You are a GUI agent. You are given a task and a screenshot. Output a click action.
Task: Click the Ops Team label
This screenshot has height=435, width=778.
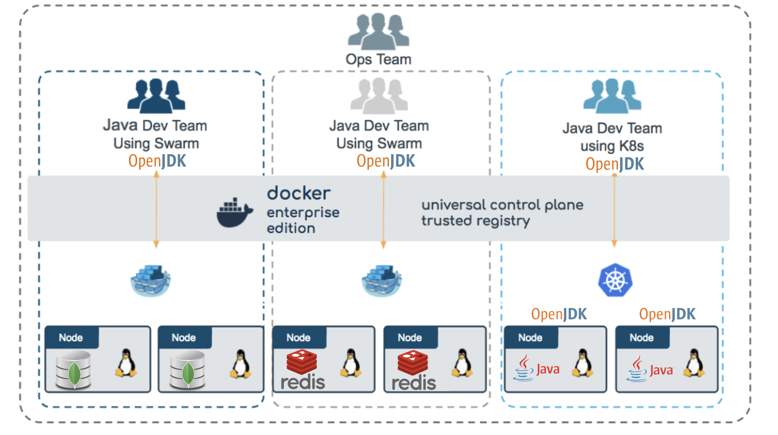[x=378, y=59]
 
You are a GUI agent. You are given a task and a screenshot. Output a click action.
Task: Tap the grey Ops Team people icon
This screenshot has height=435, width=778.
[x=378, y=32]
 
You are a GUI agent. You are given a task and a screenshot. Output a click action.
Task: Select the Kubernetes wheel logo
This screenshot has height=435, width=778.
[x=615, y=280]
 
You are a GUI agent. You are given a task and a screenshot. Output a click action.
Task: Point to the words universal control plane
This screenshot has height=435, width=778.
[x=502, y=205]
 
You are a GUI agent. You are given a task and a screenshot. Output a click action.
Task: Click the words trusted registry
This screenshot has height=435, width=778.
[x=475, y=221]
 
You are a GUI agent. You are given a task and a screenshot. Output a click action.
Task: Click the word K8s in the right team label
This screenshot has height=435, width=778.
[x=631, y=146]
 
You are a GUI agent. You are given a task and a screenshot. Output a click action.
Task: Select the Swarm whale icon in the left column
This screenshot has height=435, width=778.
[x=151, y=280]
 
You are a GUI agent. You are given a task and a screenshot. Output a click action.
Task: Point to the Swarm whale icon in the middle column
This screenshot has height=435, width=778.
[x=382, y=280]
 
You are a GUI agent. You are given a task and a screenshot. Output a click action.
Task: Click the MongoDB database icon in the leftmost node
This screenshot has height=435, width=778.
[x=73, y=369]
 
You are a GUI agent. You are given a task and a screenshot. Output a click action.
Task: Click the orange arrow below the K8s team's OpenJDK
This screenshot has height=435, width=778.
[x=614, y=210]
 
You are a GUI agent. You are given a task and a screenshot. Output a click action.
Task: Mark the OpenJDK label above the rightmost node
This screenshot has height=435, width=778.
[x=667, y=314]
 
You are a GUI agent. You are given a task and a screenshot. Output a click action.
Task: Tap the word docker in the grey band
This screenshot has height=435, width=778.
[x=299, y=193]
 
